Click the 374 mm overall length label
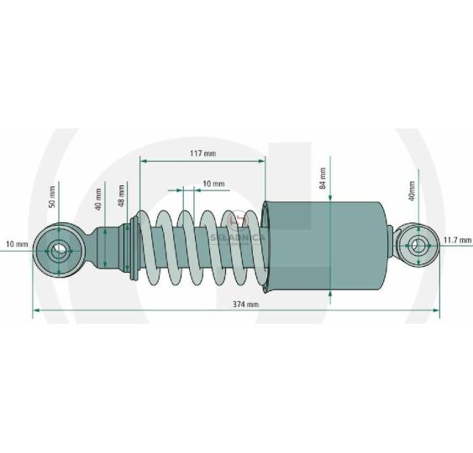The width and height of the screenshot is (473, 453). pos(245,305)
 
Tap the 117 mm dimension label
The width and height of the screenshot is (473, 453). pos(203,154)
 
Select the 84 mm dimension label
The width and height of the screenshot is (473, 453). pos(323,178)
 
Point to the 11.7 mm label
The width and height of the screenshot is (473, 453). pos(457,240)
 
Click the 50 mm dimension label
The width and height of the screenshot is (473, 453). pos(52,196)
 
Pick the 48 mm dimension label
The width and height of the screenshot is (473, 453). pos(121,195)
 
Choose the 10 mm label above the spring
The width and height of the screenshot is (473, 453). pos(213,184)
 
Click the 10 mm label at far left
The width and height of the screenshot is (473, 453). pos(17,243)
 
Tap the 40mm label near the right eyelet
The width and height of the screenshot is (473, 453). pos(412,190)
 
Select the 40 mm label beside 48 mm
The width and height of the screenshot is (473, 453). pos(98,199)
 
